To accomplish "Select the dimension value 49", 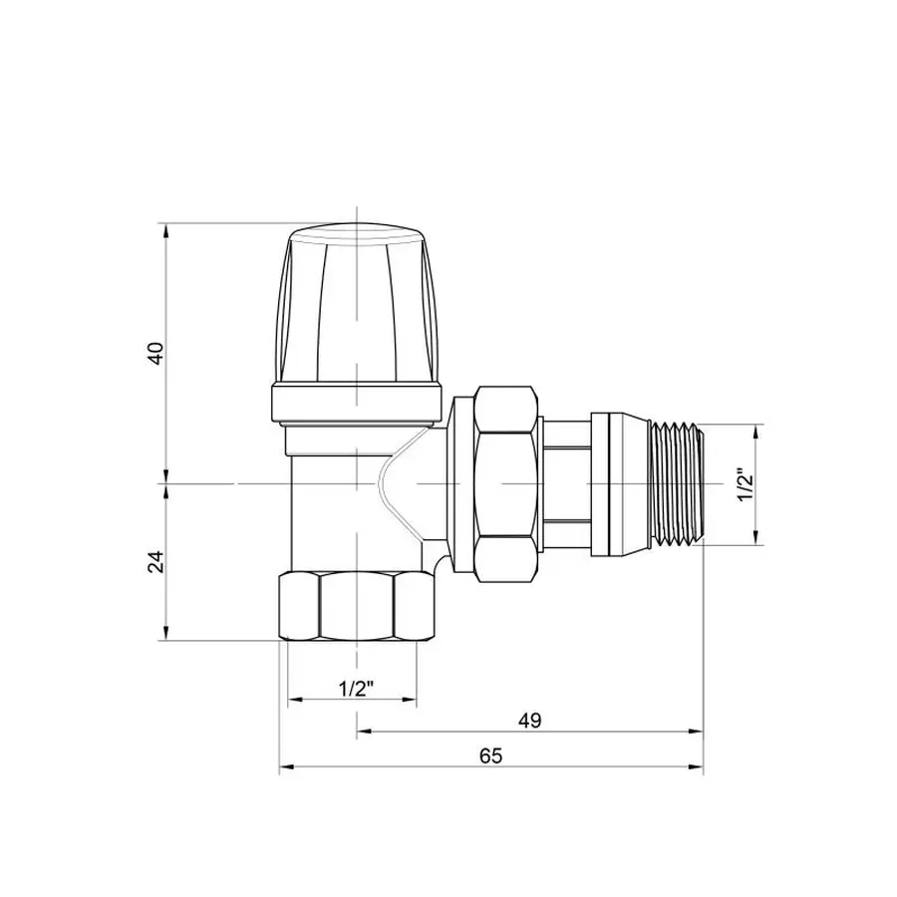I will point(529,720).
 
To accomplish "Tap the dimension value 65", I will point(489,755).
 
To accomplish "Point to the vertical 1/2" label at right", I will point(742,484).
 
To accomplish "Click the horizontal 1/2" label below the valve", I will point(355,689).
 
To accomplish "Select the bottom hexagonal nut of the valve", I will point(356,607).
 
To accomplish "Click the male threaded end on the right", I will point(678,483).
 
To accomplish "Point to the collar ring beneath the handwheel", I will point(356,404).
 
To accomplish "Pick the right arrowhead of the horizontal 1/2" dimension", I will point(417,701).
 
